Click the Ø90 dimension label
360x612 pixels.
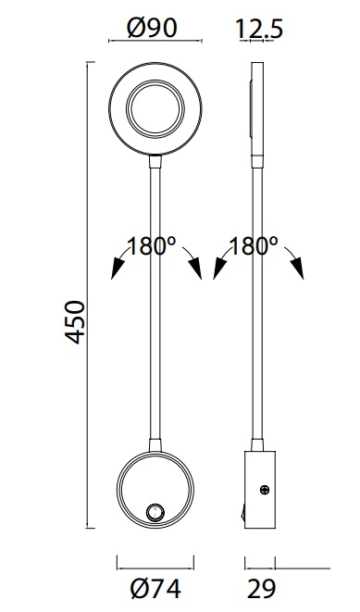pos(153,28)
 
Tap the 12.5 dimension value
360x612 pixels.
pos(259,30)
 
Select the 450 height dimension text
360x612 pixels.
pos(75,322)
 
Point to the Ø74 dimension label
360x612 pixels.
pos(155,589)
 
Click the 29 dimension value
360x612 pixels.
pos(261,589)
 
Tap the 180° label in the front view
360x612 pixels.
pos(152,246)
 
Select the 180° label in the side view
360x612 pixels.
pos(254,246)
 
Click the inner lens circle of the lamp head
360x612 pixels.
pos(155,109)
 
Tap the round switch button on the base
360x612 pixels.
pos(154,512)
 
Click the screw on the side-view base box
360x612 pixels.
pos(265,490)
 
